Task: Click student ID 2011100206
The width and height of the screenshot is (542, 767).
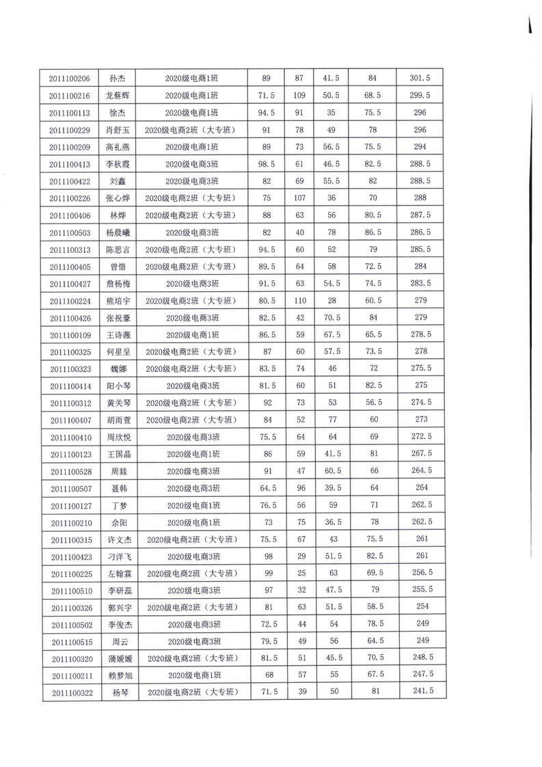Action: (70, 78)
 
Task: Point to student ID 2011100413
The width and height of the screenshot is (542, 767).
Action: (70, 164)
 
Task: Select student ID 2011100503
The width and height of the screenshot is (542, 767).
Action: (70, 232)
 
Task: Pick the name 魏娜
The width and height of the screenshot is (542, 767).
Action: (119, 369)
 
